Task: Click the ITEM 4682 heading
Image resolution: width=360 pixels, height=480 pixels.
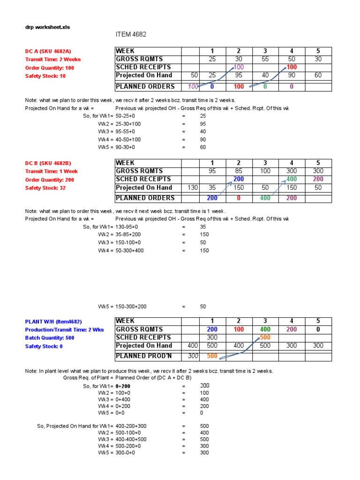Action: click(x=131, y=35)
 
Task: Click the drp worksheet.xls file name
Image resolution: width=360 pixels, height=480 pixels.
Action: click(x=47, y=27)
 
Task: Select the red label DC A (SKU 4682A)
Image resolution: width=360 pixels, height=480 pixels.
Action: click(x=48, y=51)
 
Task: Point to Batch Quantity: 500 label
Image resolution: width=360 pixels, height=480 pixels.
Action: click(x=50, y=337)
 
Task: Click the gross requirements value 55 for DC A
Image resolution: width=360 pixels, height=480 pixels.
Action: click(x=265, y=59)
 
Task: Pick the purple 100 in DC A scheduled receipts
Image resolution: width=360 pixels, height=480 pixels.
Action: click(x=239, y=67)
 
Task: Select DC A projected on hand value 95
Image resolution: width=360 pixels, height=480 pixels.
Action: click(x=239, y=75)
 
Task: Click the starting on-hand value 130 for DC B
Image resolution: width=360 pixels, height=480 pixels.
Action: click(x=192, y=187)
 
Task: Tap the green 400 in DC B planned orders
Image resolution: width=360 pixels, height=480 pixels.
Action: click(x=265, y=198)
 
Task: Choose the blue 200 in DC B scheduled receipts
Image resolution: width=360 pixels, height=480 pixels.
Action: click(x=239, y=179)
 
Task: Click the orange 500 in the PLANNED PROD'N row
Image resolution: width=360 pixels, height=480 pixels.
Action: click(x=212, y=356)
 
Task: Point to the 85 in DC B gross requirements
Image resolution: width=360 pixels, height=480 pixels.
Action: click(x=239, y=171)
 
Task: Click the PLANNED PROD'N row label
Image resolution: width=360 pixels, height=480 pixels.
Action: click(x=137, y=356)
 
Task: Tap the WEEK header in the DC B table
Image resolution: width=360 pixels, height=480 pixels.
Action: click(x=125, y=163)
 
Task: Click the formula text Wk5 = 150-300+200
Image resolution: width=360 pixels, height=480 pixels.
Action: click(x=122, y=307)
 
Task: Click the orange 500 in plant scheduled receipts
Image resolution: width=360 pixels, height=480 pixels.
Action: click(x=265, y=337)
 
